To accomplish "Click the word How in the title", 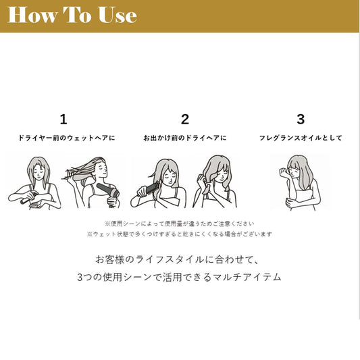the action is coord(32,15).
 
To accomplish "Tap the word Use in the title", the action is coord(118,15).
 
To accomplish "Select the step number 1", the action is coord(63,120).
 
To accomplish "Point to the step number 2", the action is coord(185,120).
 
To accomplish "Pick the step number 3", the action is coord(301,120).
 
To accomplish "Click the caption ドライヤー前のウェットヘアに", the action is coord(67,138).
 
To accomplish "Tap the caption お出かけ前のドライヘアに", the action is coord(185,138).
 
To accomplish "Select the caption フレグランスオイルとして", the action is coord(301,138).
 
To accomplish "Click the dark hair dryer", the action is coord(107,190).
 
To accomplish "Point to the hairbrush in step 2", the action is coord(149,189).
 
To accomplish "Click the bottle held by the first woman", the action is coord(28,198).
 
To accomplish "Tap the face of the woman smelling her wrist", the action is coord(296,171).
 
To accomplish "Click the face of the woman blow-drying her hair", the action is coord(102,170).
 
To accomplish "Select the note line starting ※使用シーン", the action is coord(180,224).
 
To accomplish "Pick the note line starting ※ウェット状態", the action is coord(180,234).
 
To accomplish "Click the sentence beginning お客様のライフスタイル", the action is coord(177,259).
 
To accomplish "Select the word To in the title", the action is coord(78,15).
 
